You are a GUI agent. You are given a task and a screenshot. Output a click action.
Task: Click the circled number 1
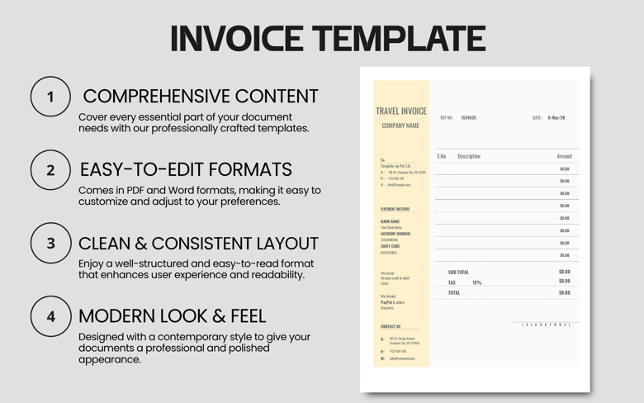coord(50,97)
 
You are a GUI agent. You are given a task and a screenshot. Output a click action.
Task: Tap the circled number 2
coord(50,170)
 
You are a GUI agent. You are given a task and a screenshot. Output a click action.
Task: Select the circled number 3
coord(50,244)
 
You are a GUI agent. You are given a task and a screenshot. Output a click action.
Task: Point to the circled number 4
coord(50,316)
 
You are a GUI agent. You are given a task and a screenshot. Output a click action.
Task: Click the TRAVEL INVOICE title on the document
coord(401,111)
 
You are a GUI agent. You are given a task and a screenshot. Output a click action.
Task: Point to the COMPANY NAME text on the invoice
coord(400,126)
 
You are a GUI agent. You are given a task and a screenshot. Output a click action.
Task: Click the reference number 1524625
coord(469,118)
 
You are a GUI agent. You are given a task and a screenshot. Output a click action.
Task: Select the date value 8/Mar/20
coord(556,118)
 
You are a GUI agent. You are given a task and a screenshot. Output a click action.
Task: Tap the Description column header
coord(469,156)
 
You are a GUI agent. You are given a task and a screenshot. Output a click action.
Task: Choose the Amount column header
coord(565,156)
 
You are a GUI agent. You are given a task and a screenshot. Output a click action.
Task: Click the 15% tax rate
coord(476,282)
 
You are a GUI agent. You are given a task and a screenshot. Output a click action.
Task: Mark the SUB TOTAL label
coord(458,272)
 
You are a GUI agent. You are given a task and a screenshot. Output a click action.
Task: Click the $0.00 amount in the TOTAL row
coord(565,292)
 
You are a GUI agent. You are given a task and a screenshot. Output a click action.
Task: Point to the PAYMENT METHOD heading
coord(395,210)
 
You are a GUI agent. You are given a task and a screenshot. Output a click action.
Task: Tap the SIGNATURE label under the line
coord(546,325)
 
